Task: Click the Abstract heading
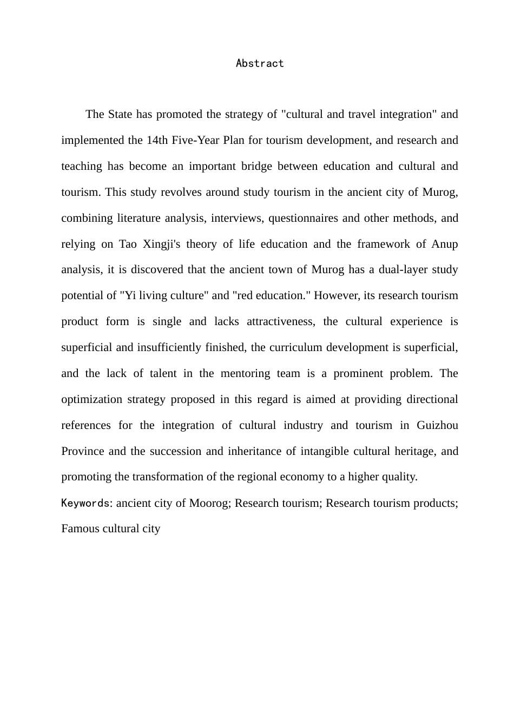click(x=260, y=63)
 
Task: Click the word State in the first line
click(x=120, y=114)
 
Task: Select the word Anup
click(x=445, y=244)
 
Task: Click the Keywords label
click(x=85, y=503)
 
